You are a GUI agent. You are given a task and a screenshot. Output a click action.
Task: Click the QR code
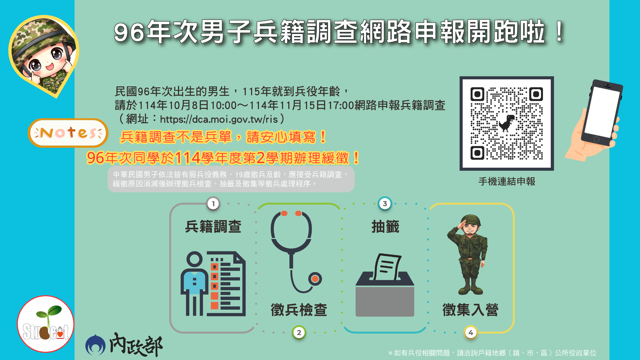pyautogui.click(x=506, y=123)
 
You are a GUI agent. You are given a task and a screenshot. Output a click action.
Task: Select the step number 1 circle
pyautogui.click(x=213, y=204)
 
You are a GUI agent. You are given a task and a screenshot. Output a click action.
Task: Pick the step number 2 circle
pyautogui.click(x=299, y=332)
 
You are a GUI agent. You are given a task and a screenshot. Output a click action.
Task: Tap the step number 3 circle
pyautogui.click(x=385, y=204)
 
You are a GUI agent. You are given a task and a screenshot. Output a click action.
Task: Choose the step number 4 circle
pyautogui.click(x=471, y=332)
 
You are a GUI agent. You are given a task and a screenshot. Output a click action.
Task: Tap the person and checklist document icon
pyautogui.click(x=213, y=283)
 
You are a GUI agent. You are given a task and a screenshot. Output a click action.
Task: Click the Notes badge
pyautogui.click(x=68, y=133)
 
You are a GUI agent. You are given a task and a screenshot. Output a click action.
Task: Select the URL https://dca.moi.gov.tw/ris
pyautogui.click(x=219, y=119)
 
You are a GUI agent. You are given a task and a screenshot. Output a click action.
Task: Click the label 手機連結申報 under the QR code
pyautogui.click(x=507, y=182)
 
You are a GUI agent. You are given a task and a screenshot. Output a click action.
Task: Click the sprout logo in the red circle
pyautogui.click(x=46, y=324)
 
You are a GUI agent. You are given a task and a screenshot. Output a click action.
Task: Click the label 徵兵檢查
pyautogui.click(x=299, y=310)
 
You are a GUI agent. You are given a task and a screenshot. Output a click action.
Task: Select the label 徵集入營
pyautogui.click(x=470, y=310)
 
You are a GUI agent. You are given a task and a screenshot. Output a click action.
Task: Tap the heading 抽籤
pyautogui.click(x=385, y=227)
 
